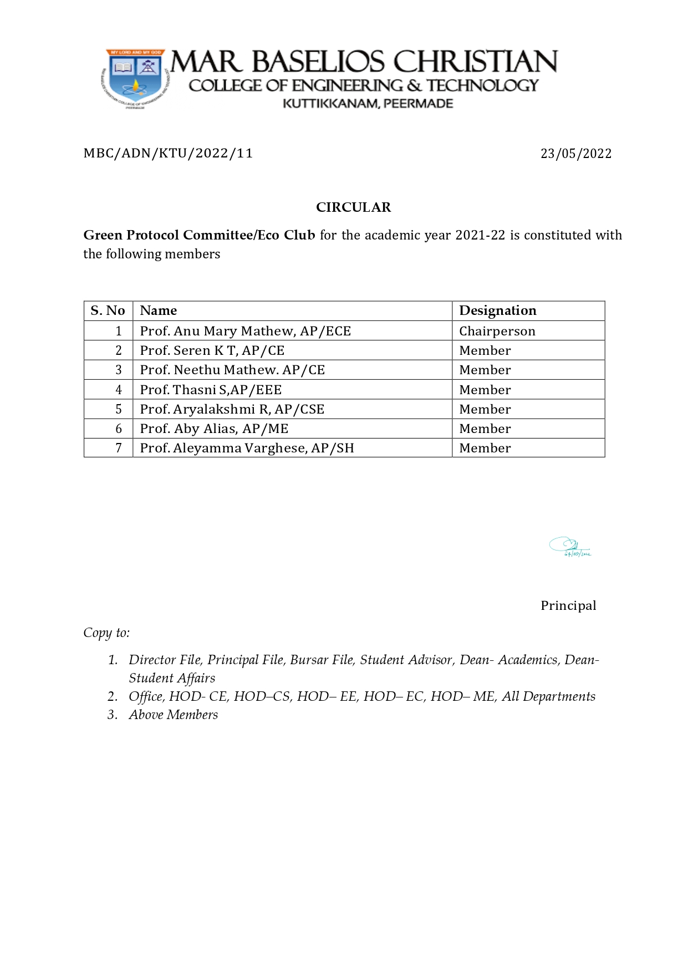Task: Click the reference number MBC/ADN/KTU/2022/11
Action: coord(168,153)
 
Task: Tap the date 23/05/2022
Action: coord(576,154)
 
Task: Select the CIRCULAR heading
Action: coord(353,207)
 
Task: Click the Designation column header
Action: coord(497,310)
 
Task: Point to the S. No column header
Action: coord(108,310)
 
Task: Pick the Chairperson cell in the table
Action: coord(497,331)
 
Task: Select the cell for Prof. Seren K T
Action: coord(212,350)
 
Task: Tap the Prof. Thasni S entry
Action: coord(211,390)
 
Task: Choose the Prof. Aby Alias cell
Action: coord(214,429)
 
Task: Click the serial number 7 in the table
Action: coord(119,448)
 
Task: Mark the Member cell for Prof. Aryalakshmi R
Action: coord(485,409)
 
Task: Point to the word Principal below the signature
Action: coord(568,605)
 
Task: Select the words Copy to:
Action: coord(106,633)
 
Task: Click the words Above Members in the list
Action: coord(173,715)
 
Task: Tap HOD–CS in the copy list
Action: coord(265,696)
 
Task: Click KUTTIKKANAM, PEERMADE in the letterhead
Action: coord(368,104)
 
